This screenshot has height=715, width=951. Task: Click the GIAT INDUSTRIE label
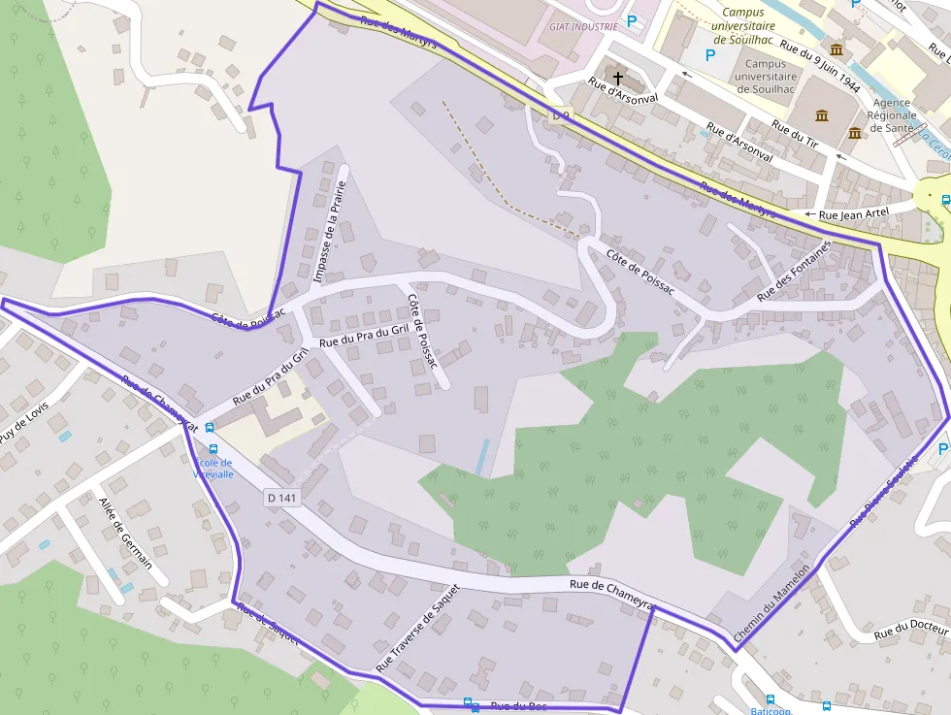(582, 27)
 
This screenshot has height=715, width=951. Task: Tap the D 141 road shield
(282, 498)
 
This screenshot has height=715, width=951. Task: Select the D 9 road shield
(561, 115)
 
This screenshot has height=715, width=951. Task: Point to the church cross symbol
(617, 77)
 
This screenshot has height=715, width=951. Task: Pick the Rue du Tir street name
(794, 133)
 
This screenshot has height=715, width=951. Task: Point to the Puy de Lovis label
(23, 422)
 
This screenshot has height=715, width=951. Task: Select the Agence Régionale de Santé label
(891, 114)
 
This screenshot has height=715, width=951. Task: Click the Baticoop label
(771, 710)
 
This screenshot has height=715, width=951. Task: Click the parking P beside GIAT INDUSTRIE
(633, 20)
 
